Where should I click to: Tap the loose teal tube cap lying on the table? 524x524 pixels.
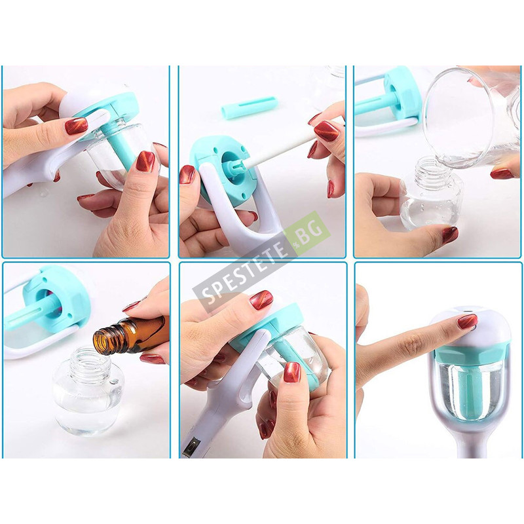[x=250, y=107]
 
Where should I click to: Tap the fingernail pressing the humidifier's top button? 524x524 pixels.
[x=467, y=321]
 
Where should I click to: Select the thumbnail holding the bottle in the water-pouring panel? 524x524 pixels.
[x=450, y=234]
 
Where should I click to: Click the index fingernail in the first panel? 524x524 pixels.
[x=77, y=126]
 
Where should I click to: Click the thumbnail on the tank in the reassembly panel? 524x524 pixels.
[x=292, y=371]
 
